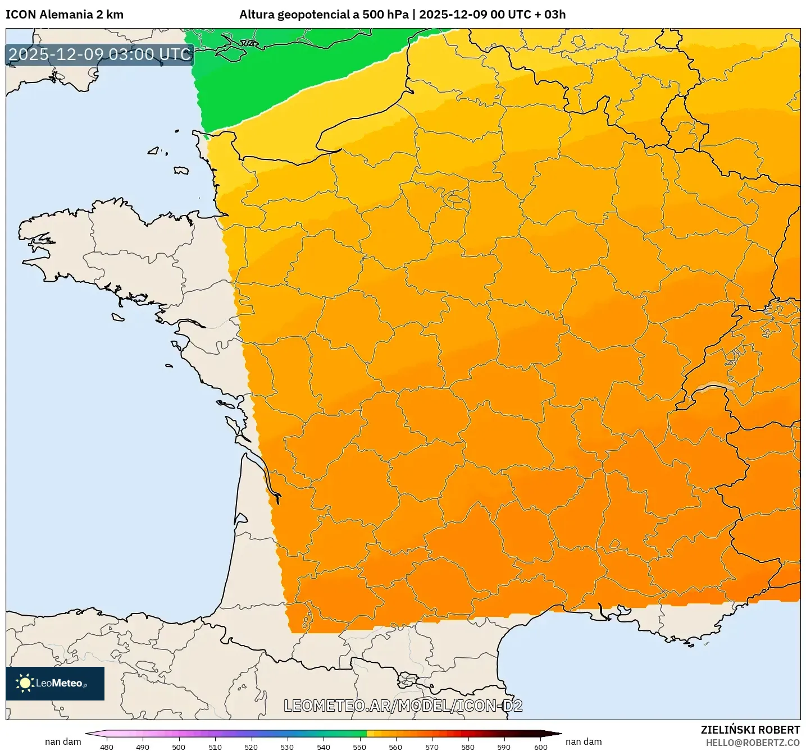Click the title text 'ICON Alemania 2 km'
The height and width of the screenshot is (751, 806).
pos(65,15)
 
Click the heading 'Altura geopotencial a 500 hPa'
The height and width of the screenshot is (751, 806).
pos(324,15)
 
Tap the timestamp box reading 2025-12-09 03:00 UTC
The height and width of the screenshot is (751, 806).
pos(100,55)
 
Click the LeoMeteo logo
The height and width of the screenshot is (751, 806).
pos(55,683)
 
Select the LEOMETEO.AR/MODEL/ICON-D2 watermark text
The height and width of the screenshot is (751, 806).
pos(403,706)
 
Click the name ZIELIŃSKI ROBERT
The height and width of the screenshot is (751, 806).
pos(750,730)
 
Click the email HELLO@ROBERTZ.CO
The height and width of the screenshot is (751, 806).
pos(753,743)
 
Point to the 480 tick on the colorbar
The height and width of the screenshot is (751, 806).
pos(107,747)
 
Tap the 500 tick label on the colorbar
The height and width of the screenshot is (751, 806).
pos(179,747)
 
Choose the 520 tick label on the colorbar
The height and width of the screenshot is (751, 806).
pos(251,747)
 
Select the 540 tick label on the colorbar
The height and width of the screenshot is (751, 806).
pos(324,747)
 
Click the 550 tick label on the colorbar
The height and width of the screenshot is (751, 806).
pos(359,747)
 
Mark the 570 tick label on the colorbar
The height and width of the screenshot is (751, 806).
pos(432,747)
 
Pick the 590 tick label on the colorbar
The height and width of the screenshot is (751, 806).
pos(504,747)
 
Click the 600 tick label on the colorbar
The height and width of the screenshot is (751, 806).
pos(540,747)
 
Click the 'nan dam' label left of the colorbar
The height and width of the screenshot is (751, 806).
pos(63,741)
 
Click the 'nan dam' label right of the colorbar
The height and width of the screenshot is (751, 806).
pos(584,741)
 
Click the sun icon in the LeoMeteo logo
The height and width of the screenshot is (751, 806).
pos(25,683)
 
